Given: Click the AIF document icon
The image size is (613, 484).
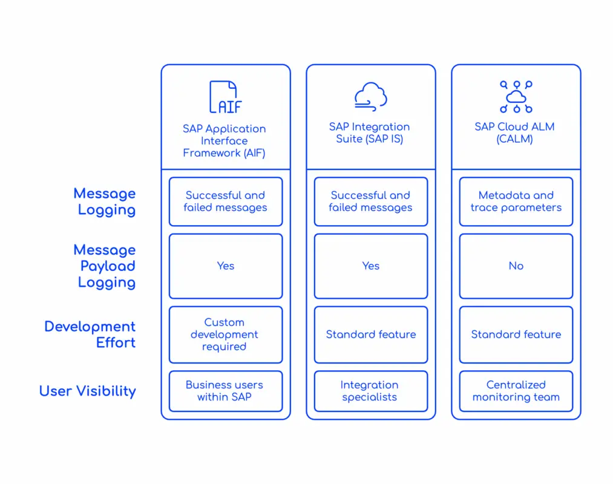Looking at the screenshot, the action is (x=226, y=97).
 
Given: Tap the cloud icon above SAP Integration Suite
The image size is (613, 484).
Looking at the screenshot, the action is (x=370, y=97).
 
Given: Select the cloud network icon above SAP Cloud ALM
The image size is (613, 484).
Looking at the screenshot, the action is (x=516, y=97).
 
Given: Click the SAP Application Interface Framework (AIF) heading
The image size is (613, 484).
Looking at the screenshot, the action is (x=225, y=141).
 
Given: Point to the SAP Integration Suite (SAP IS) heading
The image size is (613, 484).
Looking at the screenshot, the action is (x=370, y=133).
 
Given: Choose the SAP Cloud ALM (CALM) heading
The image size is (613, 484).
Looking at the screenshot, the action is (x=514, y=133).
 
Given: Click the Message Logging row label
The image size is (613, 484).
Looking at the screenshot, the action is (x=104, y=201).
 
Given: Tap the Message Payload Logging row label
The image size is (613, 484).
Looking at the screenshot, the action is (x=104, y=266).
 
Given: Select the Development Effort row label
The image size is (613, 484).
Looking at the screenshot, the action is (x=90, y=335).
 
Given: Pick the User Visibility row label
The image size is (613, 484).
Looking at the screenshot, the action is (x=88, y=391).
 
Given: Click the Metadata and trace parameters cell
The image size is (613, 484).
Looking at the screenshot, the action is (x=516, y=201).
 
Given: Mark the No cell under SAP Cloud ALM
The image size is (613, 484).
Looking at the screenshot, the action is (x=516, y=266).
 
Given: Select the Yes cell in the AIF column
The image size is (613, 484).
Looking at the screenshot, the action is (x=226, y=266).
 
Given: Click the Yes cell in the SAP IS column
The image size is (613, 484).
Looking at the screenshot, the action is (x=370, y=266).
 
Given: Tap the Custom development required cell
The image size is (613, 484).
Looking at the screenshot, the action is (x=226, y=335).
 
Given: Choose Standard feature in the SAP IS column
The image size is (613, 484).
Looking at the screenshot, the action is (x=370, y=335).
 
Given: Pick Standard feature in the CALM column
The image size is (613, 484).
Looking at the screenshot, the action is (x=516, y=335).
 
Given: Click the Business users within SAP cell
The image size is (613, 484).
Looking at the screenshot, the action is (x=226, y=391).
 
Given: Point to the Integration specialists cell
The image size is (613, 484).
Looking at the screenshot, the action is (x=370, y=391).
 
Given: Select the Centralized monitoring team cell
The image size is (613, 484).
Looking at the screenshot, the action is (x=516, y=391).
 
